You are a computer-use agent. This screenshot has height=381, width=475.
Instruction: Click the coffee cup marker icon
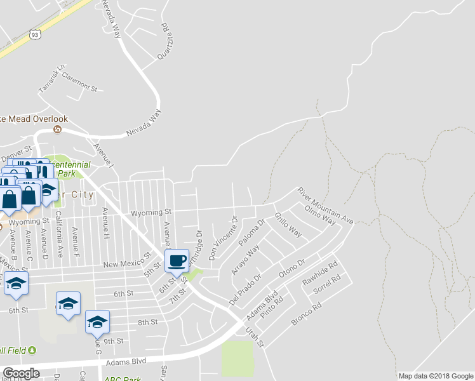coord(177,260)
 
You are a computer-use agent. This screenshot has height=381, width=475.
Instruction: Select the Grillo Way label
coord(288,225)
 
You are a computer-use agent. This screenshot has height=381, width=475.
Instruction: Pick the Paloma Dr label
coord(251,233)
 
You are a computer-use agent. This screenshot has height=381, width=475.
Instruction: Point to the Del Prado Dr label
coord(244,286)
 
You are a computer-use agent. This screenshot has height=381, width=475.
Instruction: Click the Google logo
coord(22,373)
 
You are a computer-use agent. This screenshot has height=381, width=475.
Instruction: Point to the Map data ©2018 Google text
coord(435,376)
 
